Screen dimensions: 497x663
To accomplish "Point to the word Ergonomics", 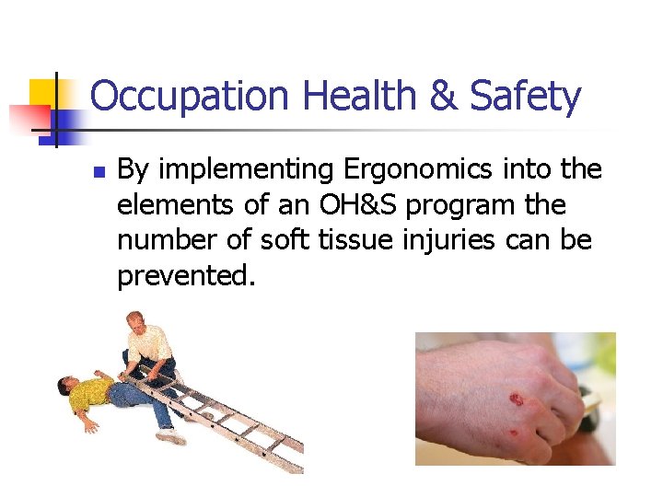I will [x=399, y=169].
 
